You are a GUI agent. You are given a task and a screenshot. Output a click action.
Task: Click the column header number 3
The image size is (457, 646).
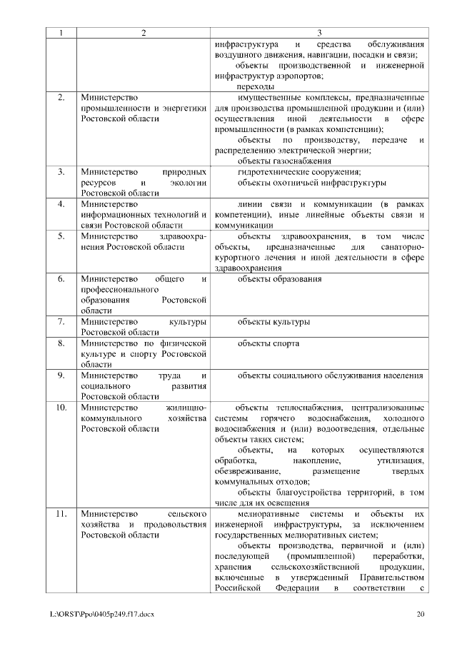click(319, 33)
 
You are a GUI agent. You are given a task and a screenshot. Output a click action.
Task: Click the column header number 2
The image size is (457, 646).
click(144, 33)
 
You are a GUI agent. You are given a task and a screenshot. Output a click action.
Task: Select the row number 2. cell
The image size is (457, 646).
click(61, 96)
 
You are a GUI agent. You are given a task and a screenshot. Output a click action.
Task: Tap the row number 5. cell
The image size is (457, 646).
click(61, 236)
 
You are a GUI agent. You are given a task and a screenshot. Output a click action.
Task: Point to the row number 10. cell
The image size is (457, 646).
click(61, 407)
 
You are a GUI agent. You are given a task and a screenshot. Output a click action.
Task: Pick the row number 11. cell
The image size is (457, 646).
click(61, 513)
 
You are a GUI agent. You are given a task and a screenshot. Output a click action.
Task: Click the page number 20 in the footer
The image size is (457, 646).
click(421, 613)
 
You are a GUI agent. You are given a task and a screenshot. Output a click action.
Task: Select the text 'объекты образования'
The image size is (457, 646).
click(279, 279)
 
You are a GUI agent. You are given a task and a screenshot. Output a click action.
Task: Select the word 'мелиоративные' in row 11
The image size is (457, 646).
click(266, 513)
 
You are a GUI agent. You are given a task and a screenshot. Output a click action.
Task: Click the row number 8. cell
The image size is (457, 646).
click(61, 343)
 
